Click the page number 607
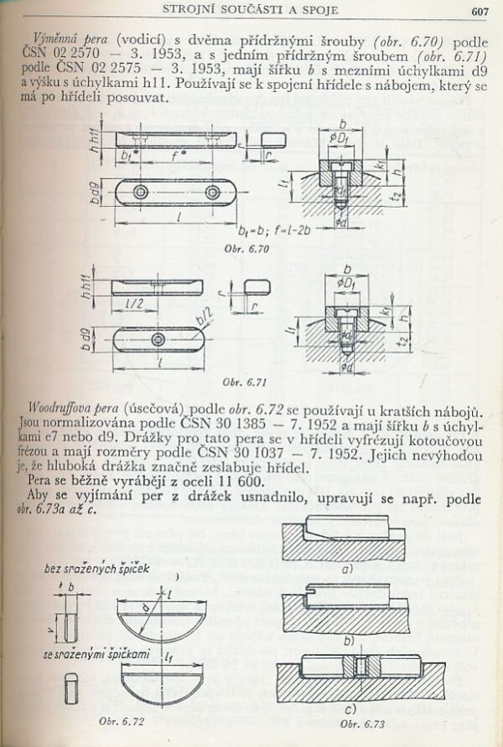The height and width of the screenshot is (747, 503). [479, 11]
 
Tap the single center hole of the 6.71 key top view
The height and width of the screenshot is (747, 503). [158, 338]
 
